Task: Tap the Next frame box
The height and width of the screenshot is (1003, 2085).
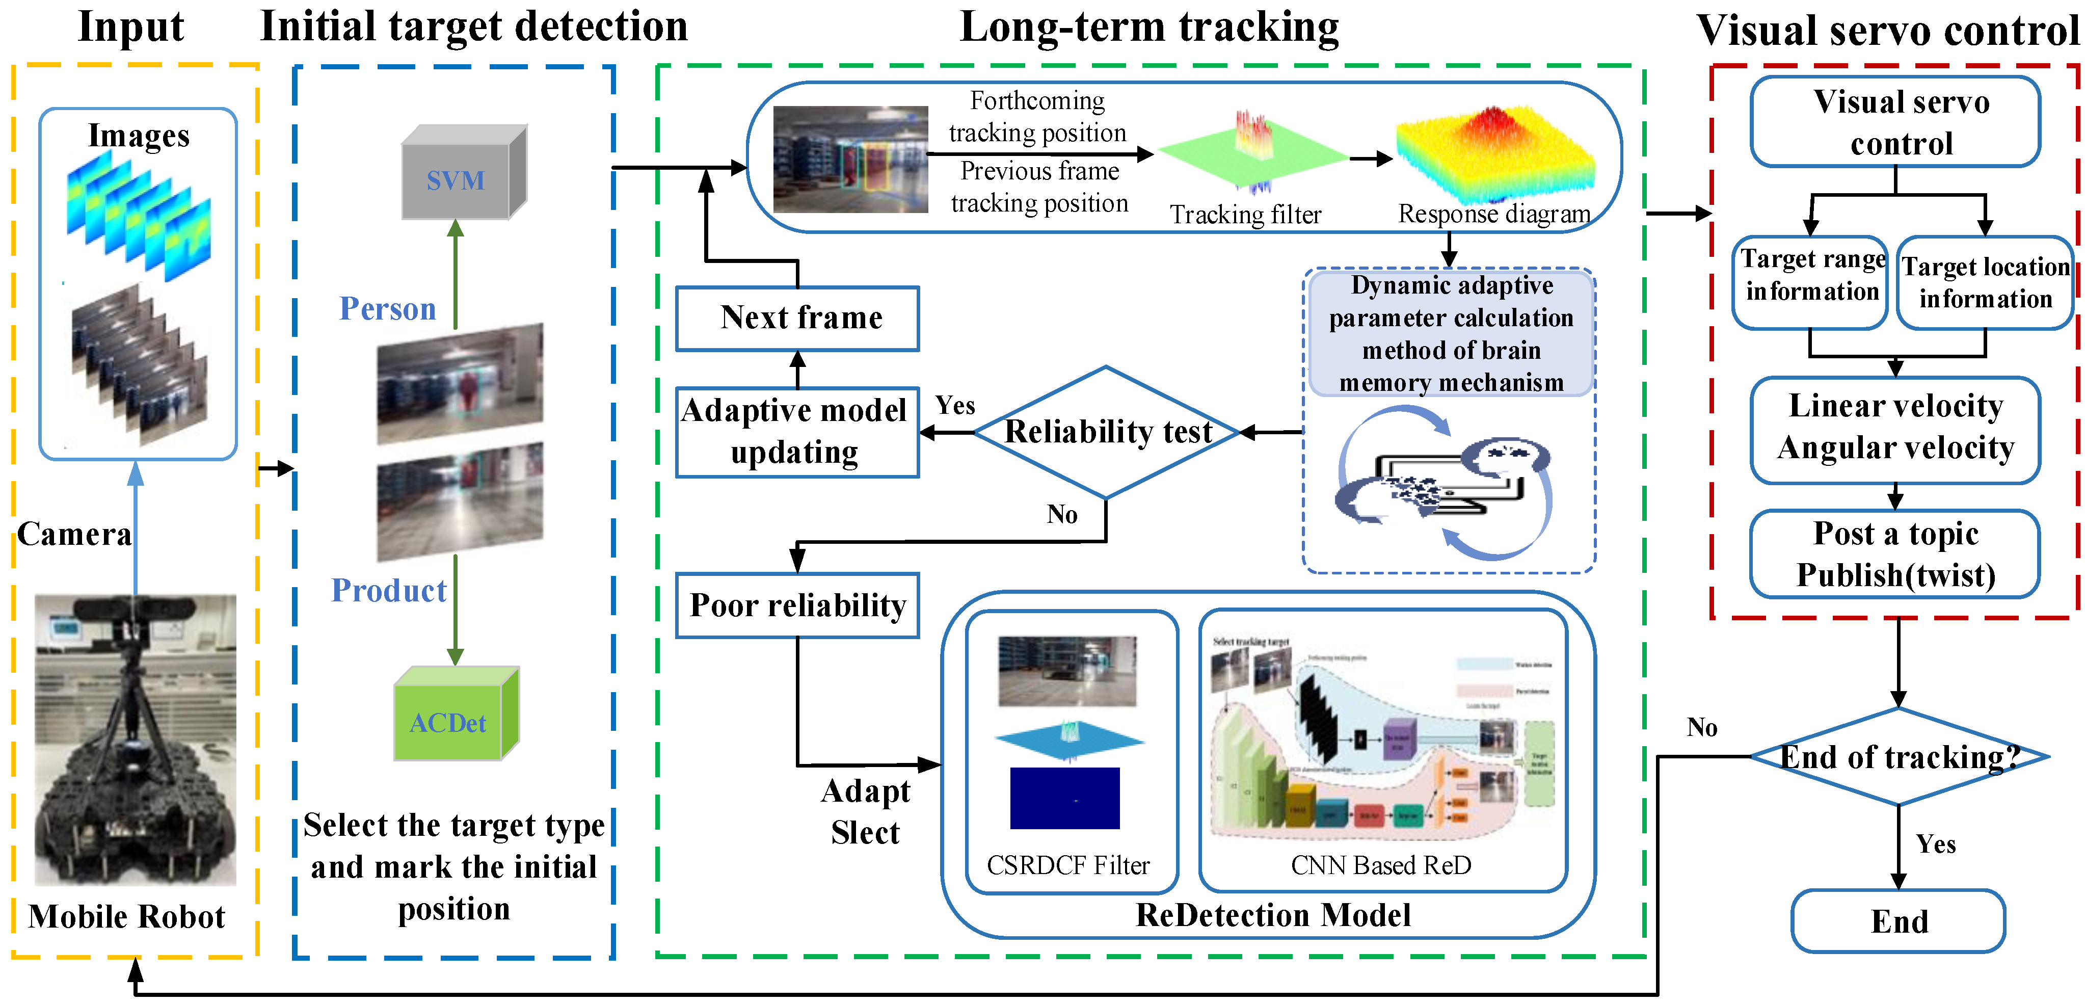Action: click(x=798, y=318)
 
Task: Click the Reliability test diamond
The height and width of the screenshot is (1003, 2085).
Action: click(x=1106, y=432)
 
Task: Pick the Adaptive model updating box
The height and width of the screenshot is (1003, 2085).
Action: click(x=796, y=432)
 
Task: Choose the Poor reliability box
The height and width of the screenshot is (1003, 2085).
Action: click(x=798, y=605)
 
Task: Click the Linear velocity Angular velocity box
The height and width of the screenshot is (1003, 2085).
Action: click(x=1895, y=428)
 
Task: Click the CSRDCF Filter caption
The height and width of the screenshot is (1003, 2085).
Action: click(x=1067, y=865)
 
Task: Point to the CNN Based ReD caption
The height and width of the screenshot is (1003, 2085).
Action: click(x=1381, y=865)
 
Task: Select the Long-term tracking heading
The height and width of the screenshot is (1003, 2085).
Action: click(x=1150, y=27)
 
